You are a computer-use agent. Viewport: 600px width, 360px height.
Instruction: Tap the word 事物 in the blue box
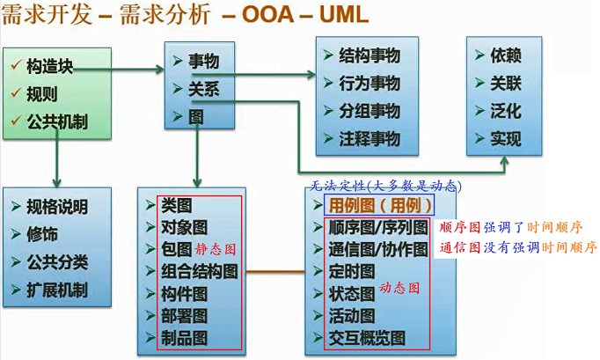pyautogui.click(x=203, y=62)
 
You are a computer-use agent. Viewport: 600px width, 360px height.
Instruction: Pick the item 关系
pyautogui.click(x=203, y=89)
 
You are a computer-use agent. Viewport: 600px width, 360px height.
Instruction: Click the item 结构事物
pyautogui.click(x=370, y=55)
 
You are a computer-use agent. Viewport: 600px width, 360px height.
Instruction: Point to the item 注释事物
pyautogui.click(x=370, y=139)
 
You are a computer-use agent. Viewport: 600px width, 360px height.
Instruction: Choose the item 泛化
pyautogui.click(x=506, y=112)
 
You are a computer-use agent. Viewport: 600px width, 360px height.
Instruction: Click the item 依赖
pyautogui.click(x=506, y=55)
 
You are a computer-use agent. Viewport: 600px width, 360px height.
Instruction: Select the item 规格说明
pyautogui.click(x=57, y=208)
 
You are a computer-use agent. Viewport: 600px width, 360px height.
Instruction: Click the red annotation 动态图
pyautogui.click(x=400, y=289)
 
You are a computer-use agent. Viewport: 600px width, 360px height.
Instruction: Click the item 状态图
pyautogui.click(x=351, y=293)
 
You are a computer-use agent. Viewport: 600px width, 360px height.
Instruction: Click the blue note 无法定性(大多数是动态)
pyautogui.click(x=384, y=187)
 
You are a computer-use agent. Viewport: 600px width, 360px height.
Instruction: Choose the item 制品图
pyautogui.click(x=184, y=337)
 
